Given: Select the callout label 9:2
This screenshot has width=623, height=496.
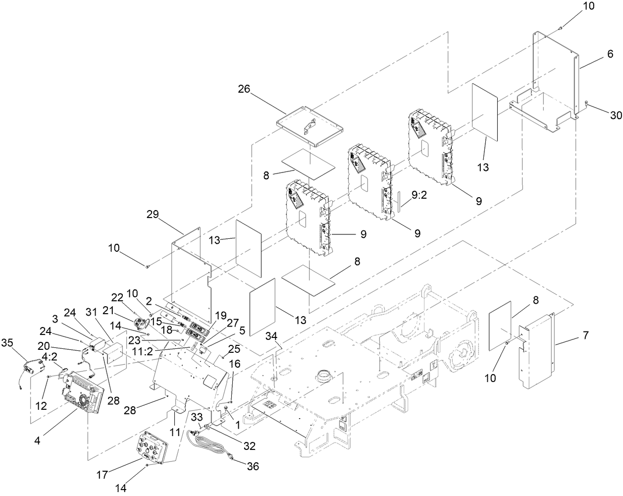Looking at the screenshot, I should pos(417,196).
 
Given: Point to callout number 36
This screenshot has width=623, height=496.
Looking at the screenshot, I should pos(252,466).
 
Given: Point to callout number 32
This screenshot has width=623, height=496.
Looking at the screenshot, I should pos(249,445).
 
